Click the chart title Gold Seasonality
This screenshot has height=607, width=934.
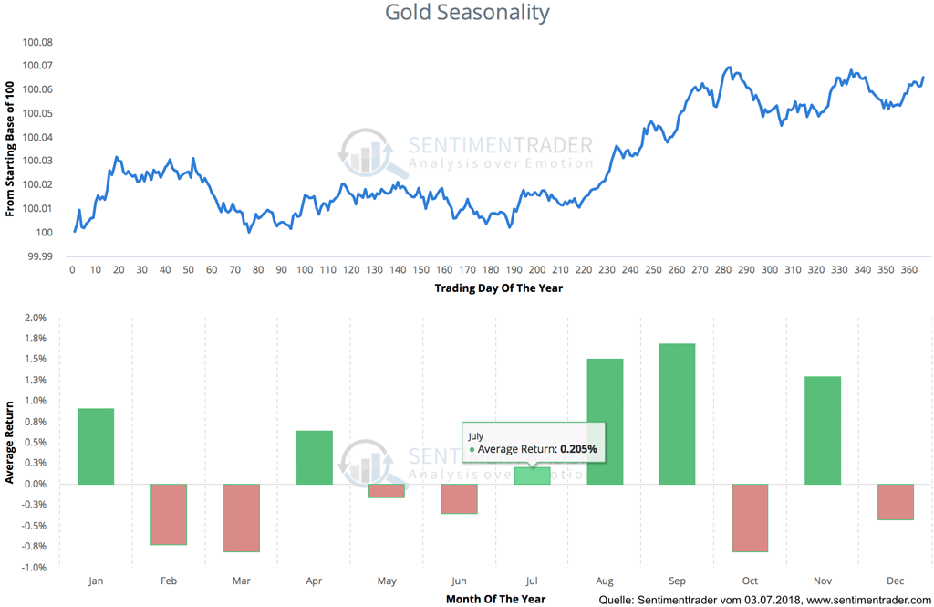(466, 13)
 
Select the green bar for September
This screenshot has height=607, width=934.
(677, 413)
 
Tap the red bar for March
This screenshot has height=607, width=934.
(242, 518)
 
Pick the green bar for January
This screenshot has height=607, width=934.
(96, 446)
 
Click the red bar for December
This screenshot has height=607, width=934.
(895, 502)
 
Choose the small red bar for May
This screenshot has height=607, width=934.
(387, 491)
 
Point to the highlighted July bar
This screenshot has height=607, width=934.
(532, 476)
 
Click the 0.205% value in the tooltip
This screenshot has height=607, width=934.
(578, 449)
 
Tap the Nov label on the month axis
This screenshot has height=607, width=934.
(823, 580)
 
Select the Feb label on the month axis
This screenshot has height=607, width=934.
(169, 580)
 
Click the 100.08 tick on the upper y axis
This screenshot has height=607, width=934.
(37, 43)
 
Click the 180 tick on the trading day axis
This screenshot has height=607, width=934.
(492, 270)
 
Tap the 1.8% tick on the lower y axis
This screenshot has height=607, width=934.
(35, 339)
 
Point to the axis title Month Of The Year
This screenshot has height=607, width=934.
(495, 599)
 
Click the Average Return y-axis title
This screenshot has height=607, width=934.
(10, 443)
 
